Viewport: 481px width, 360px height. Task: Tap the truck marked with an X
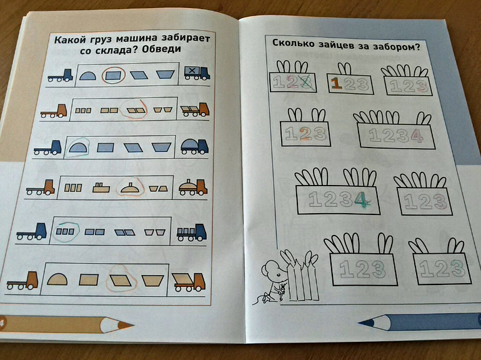[197, 73]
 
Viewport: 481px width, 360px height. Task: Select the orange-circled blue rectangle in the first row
[114, 76]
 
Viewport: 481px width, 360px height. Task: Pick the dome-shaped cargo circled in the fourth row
[130, 188]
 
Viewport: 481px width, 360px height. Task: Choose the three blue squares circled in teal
[66, 232]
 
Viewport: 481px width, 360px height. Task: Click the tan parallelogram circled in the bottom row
[121, 280]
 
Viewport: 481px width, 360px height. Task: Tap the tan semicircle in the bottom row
[57, 279]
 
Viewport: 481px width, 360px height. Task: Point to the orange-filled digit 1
[337, 84]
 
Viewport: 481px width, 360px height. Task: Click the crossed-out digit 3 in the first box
[307, 83]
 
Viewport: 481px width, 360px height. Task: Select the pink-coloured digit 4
[417, 136]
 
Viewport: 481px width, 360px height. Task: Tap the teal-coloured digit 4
[361, 200]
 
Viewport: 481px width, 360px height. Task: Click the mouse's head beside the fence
[272, 269]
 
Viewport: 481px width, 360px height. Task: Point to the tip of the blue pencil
[359, 322]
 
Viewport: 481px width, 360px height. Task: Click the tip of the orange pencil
[132, 324]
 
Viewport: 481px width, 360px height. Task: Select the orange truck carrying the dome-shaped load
[193, 187]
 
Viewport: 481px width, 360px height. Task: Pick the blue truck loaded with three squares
[191, 232]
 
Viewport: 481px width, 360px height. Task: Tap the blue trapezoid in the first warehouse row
[166, 74]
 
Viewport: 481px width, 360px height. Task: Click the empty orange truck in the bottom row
[22, 281]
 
